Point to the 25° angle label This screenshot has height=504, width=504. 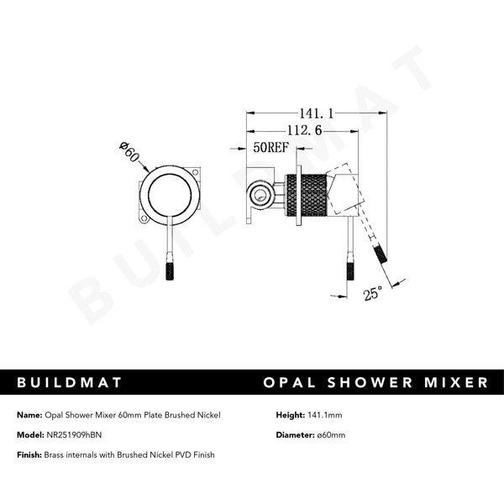[x=373, y=293]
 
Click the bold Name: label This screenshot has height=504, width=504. [x=28, y=415]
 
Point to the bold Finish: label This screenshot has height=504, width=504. [x=29, y=454]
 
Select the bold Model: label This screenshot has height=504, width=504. [x=29, y=435]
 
